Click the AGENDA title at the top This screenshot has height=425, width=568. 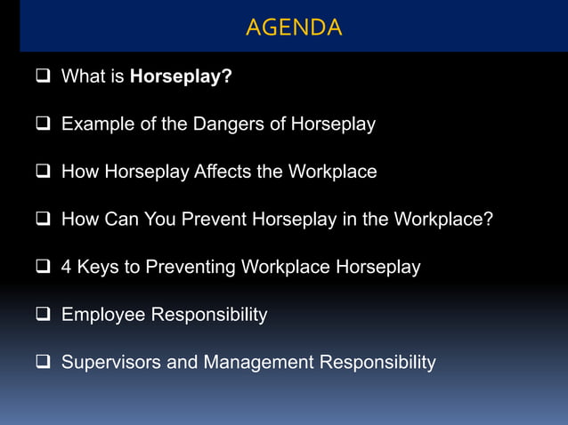(x=293, y=28)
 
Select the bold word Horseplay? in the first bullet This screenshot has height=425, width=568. (x=181, y=76)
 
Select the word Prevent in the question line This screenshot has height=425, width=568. (x=215, y=219)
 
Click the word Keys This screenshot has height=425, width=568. (x=97, y=267)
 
